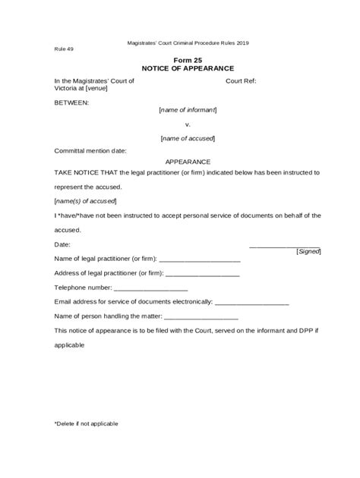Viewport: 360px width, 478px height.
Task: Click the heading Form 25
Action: point(188,60)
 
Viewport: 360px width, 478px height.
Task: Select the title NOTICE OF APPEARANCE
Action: point(188,68)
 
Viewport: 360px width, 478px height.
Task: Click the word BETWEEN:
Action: point(71,100)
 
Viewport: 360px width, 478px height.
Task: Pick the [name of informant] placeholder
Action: point(188,110)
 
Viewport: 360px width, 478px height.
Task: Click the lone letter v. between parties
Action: point(188,124)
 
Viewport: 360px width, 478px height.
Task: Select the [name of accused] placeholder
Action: point(188,138)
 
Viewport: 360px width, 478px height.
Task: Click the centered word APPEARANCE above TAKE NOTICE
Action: point(188,162)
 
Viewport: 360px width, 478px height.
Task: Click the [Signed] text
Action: point(308,251)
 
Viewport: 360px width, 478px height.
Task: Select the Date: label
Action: point(62,244)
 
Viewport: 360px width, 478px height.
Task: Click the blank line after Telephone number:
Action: point(150,289)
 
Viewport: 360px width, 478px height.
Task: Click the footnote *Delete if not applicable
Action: point(86,423)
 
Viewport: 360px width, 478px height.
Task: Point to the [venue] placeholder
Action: point(96,88)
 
